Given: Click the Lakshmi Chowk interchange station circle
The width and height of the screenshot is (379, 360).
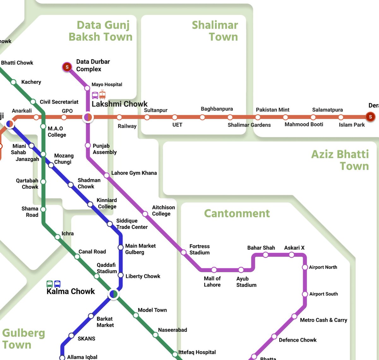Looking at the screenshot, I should [87, 117].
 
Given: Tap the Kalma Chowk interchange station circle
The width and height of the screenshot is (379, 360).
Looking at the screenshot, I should [113, 294].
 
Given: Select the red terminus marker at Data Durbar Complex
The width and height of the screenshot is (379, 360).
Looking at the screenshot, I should [67, 67].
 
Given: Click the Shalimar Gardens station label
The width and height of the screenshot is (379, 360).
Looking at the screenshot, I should [249, 125].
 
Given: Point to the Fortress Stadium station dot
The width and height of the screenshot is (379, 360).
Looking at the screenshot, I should [183, 252].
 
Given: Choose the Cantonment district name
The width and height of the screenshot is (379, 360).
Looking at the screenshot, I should [237, 213].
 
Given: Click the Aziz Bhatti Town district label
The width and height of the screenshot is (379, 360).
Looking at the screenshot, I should [340, 160].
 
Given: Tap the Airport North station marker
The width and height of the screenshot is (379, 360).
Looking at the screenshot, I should [305, 267].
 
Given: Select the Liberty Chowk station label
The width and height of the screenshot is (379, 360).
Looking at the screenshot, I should [143, 276].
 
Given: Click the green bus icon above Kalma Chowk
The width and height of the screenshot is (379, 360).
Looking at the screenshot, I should [50, 284].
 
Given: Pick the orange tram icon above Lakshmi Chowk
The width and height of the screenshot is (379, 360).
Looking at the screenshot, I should [102, 95].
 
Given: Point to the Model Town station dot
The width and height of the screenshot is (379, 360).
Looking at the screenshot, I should [136, 315].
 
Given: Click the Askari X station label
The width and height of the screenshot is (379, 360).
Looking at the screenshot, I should [294, 248].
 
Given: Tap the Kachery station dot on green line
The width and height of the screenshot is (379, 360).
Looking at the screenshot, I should [14, 82].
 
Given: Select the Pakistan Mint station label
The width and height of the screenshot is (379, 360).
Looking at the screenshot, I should [272, 110].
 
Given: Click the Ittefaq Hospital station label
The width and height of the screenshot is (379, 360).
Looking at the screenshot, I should [197, 352].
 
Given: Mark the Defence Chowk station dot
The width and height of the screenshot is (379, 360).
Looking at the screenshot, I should [274, 336].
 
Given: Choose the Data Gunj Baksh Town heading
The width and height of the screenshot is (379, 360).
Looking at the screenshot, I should [101, 31].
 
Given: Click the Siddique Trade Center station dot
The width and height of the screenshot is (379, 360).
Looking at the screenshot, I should [110, 224].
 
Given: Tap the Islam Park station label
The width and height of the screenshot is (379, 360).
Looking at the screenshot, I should [352, 125].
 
